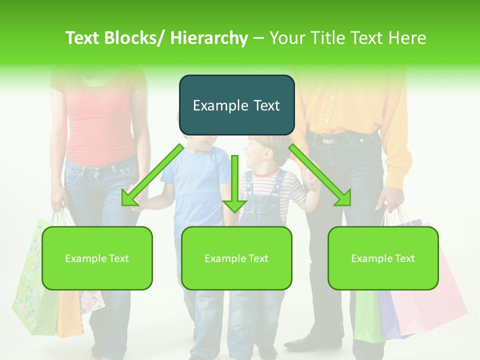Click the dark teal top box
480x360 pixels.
(236, 105)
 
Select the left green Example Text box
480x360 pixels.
(97, 258)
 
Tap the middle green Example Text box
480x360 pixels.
(236, 258)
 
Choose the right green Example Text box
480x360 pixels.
(383, 258)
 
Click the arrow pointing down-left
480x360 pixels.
(152, 174)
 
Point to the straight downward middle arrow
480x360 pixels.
(234, 185)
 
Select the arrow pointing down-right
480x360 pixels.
(320, 175)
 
